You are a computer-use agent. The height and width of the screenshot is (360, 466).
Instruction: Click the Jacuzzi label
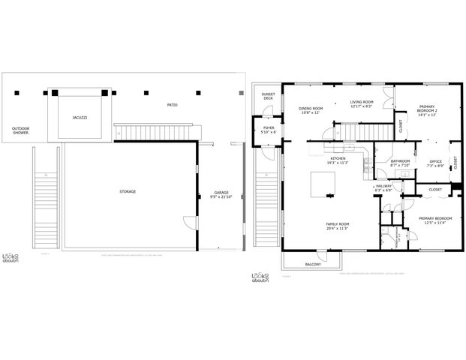[80, 118]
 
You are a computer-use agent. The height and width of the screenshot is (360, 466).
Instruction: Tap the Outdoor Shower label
[21, 130]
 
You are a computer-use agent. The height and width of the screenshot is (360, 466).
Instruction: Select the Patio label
[172, 104]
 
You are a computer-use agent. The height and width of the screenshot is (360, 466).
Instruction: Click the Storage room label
[128, 191]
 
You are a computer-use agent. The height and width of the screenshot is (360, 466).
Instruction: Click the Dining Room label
[311, 108]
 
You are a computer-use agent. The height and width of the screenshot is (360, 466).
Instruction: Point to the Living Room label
[363, 103]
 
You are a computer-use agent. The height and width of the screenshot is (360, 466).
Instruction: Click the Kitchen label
[337, 159]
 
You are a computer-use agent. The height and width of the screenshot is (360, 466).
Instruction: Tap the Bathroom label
[400, 160]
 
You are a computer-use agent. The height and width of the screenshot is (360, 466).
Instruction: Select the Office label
[435, 161]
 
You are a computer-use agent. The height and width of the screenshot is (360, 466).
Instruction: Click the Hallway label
[383, 186]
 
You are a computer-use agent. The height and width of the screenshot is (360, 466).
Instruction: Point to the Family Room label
[337, 224]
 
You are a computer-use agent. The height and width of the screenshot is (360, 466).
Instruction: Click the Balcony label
[313, 264]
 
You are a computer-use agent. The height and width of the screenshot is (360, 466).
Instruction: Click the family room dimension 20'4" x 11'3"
[337, 229]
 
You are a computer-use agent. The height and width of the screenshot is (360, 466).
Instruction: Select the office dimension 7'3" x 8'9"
[435, 166]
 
